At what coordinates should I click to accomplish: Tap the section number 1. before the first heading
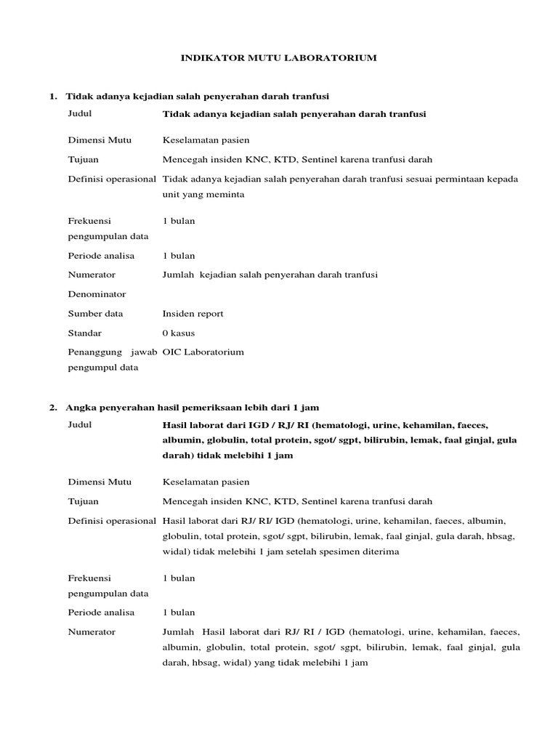click(53, 96)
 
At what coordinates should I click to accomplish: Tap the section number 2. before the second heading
click(53, 407)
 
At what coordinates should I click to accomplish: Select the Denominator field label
click(97, 294)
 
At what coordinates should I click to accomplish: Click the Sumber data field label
click(95, 314)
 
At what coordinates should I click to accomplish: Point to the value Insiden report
click(193, 314)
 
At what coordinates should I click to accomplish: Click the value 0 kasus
click(179, 333)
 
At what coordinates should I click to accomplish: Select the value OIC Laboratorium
click(203, 352)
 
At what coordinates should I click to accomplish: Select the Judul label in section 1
click(80, 114)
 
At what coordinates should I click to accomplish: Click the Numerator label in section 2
click(92, 631)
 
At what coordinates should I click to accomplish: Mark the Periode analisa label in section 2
click(101, 612)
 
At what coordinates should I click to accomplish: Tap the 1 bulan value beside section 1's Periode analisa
click(179, 256)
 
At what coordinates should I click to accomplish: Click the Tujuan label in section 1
click(83, 159)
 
